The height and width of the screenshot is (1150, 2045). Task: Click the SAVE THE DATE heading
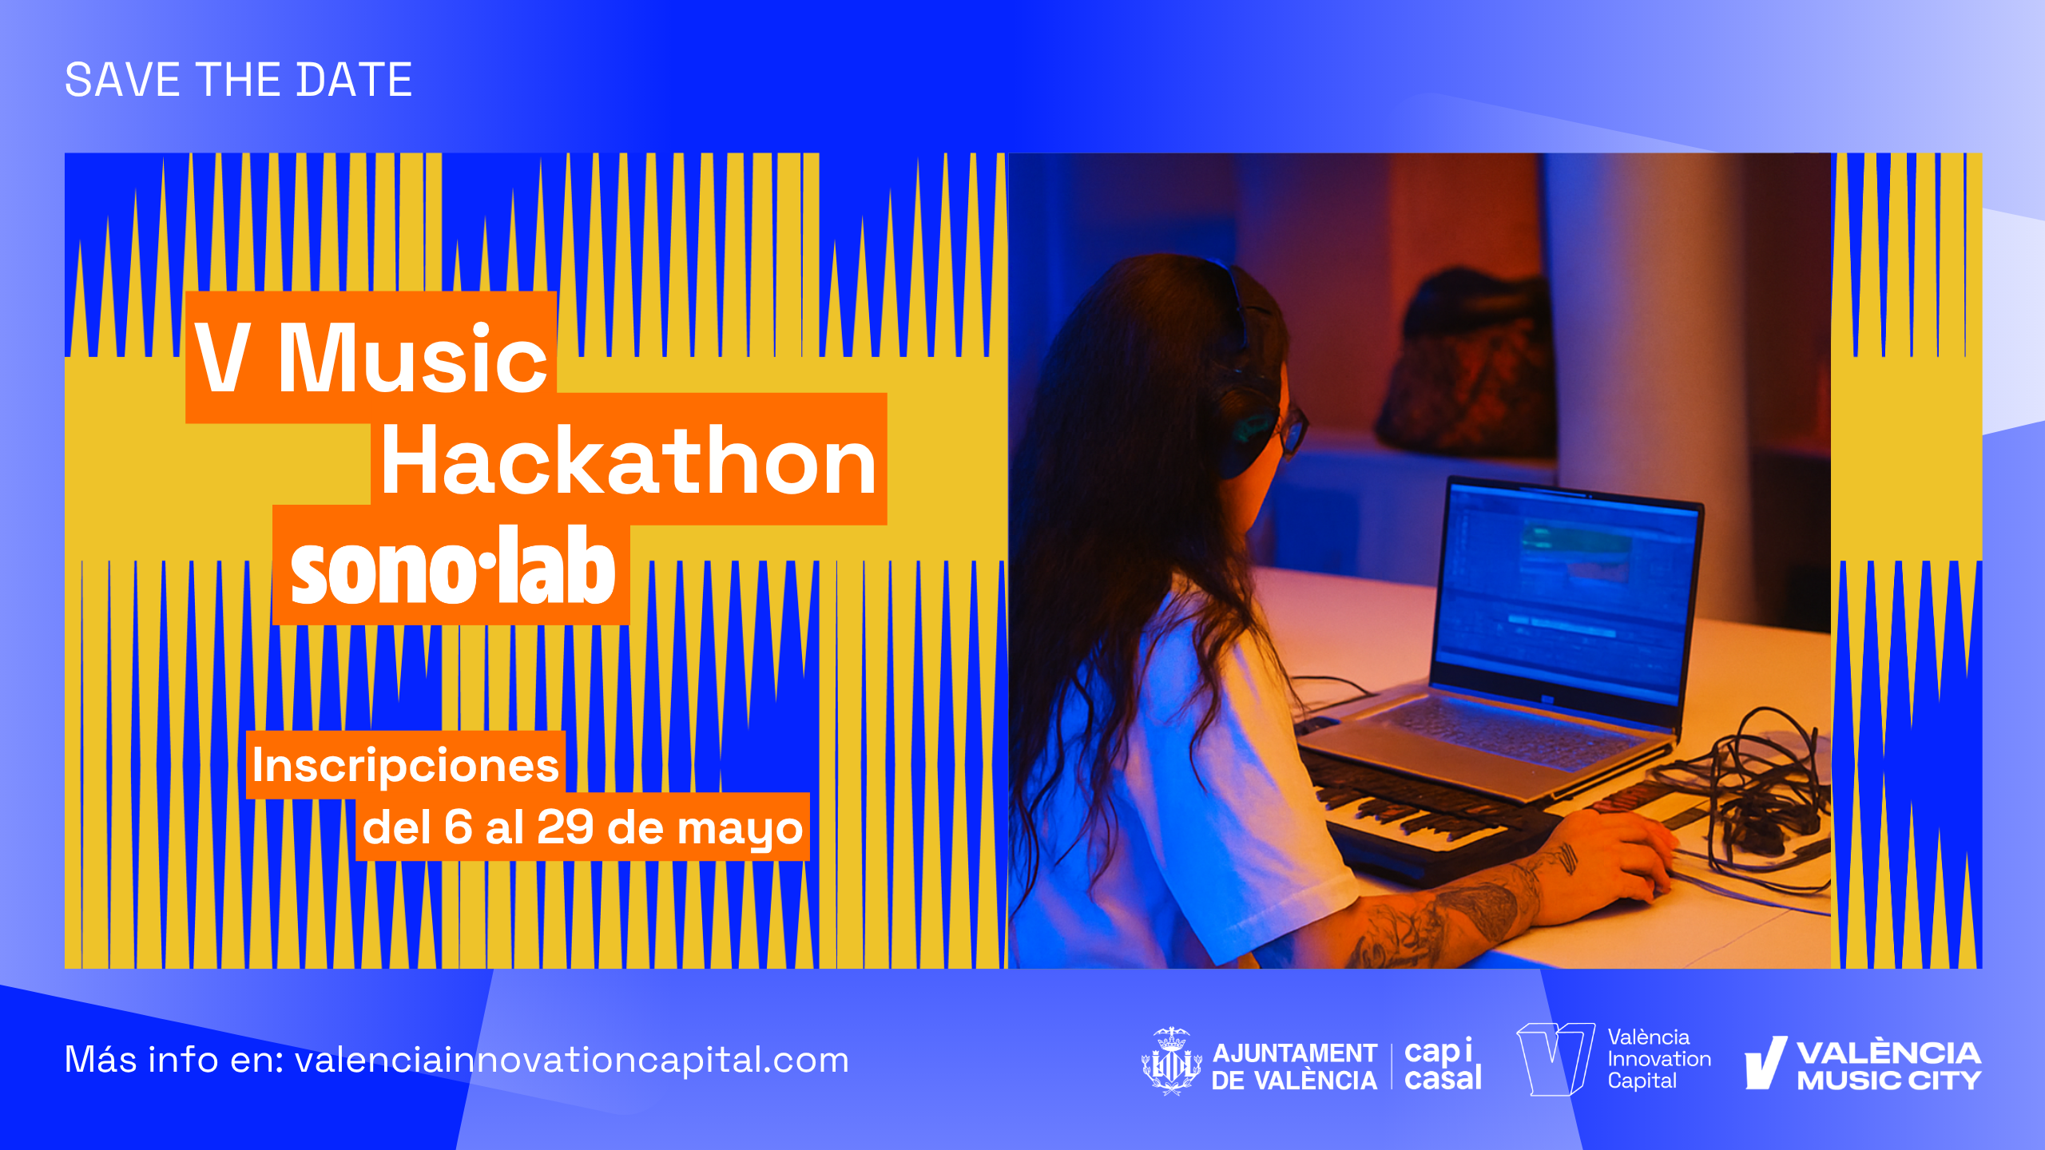(238, 80)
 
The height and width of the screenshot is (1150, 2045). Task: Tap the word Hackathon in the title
(629, 461)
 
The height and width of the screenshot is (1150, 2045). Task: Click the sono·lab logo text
(453, 565)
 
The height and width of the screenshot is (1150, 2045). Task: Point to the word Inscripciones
(405, 765)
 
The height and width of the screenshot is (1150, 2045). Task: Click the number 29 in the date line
(566, 827)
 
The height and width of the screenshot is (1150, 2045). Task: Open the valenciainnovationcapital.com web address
(572, 1061)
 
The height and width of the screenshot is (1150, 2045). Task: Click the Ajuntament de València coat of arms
(1171, 1061)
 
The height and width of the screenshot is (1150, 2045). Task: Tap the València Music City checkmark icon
(1765, 1063)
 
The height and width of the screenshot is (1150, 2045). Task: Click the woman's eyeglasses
(1293, 430)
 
